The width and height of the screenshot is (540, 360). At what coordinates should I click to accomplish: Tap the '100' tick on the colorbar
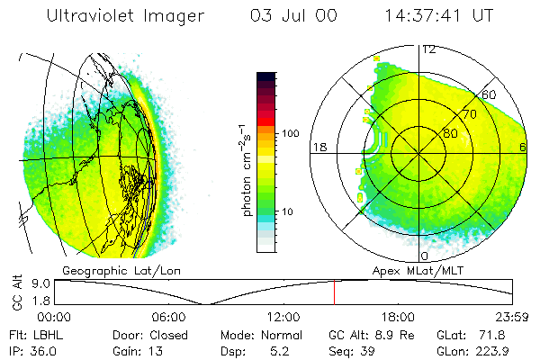coord(289,133)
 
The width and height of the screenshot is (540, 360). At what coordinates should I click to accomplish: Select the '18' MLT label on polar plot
coord(318,147)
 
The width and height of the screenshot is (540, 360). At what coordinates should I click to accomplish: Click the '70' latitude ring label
coord(468,115)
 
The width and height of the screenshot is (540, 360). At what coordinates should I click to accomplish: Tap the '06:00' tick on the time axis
coord(169,317)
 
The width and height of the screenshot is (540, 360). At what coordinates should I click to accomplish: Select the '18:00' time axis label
coord(399,317)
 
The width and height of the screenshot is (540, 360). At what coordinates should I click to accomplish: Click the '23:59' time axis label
coord(512,317)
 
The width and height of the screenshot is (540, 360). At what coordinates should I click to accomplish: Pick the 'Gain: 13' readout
coord(136,350)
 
